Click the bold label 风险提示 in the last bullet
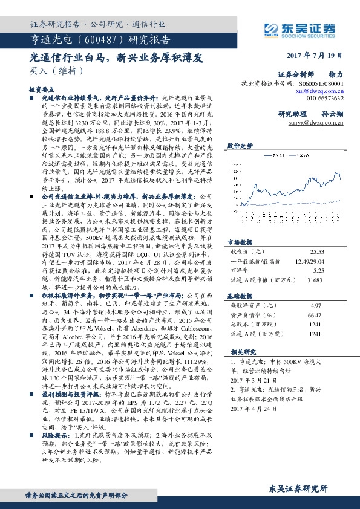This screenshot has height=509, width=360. coord(55,435)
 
